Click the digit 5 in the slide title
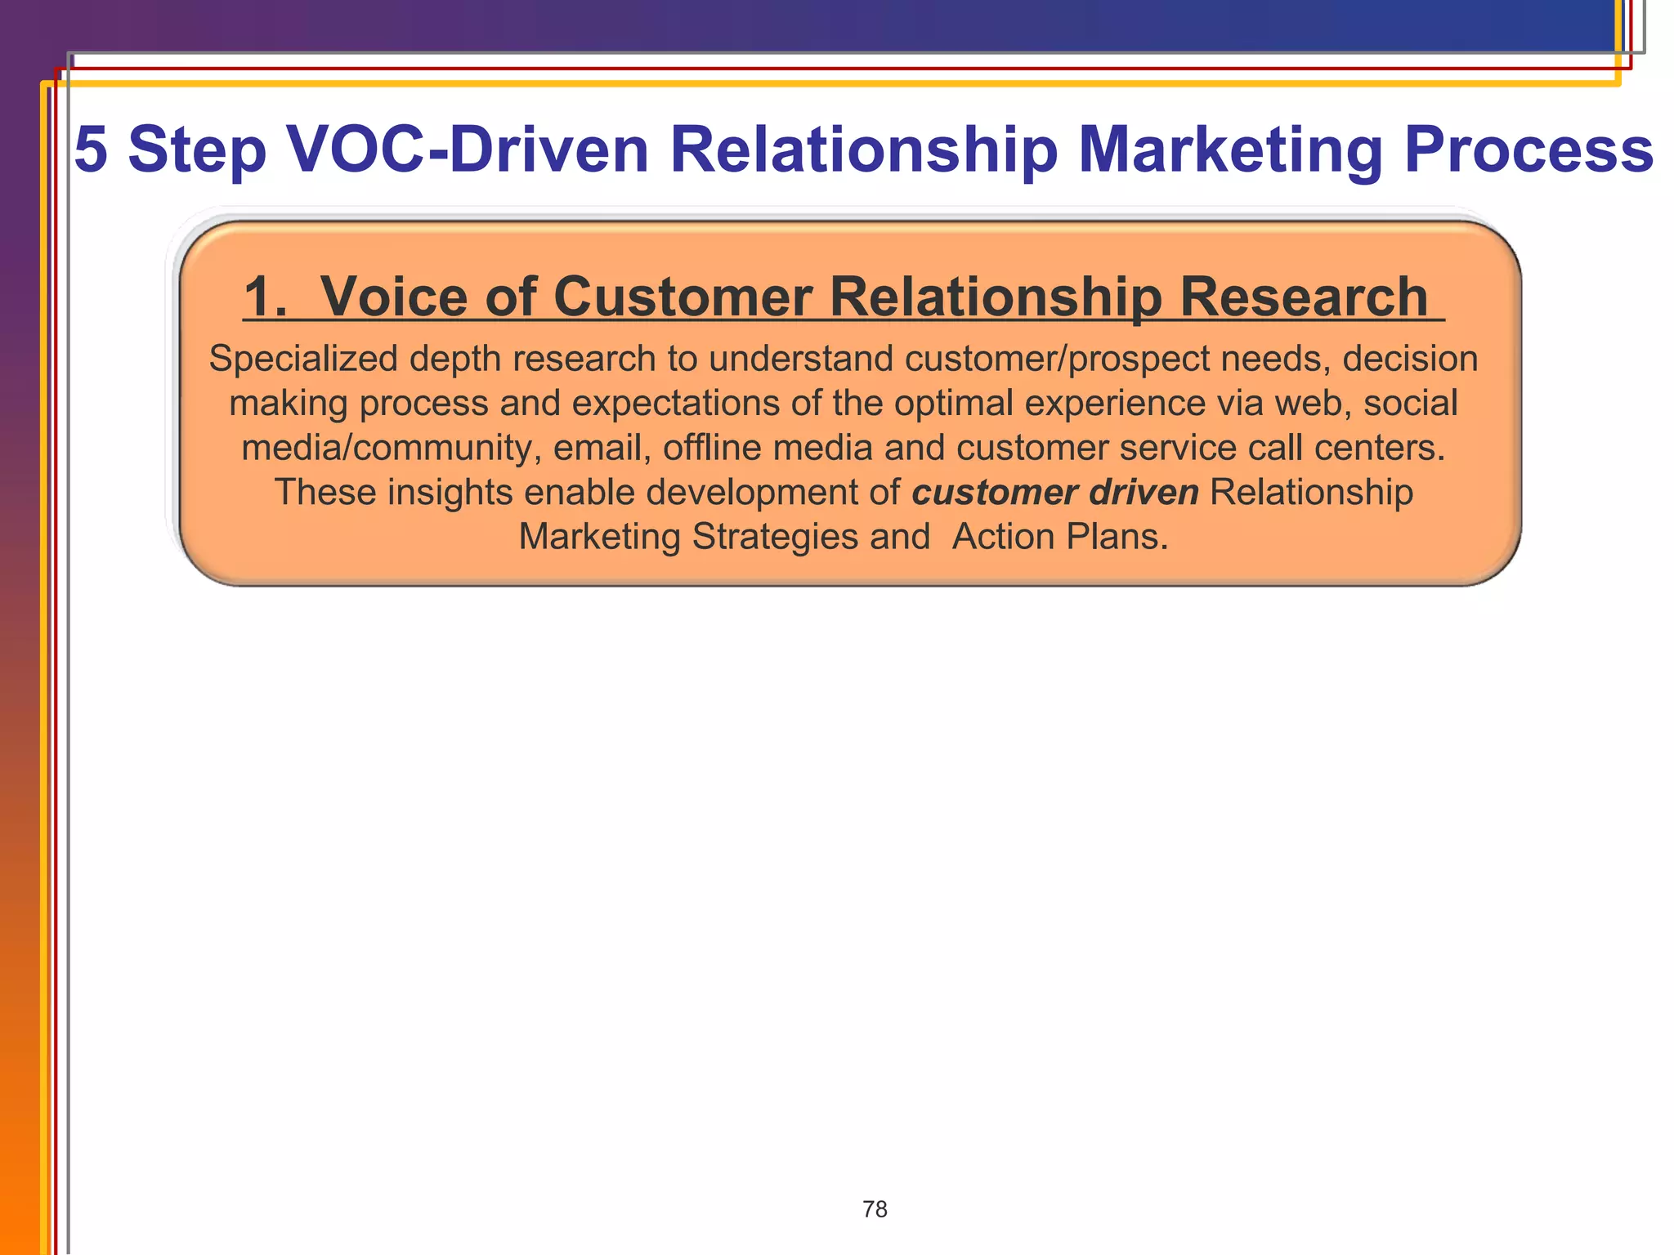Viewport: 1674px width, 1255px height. pos(91,150)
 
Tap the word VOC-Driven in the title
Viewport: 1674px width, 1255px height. pos(468,150)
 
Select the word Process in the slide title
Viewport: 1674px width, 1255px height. pos(1529,150)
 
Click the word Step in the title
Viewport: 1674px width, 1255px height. pos(197,151)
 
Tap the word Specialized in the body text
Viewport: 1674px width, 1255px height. pos(303,359)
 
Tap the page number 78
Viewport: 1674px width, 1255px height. pos(875,1209)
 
